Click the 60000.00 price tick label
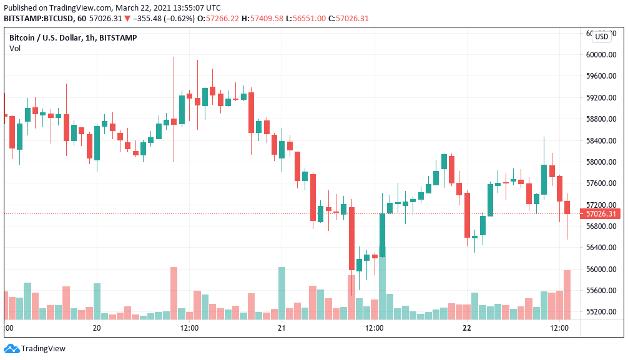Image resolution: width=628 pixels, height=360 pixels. pos(602,54)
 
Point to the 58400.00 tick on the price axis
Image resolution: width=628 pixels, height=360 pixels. pos(602,140)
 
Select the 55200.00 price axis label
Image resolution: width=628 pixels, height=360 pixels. pos(602,312)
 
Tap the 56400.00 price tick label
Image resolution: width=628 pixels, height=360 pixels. pos(602,248)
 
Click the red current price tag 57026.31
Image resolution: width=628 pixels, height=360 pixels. pos(602,214)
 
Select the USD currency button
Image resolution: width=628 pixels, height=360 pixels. pos(602,37)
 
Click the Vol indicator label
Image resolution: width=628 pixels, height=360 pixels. pos(15,49)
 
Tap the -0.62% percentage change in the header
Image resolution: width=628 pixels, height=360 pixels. pos(170,19)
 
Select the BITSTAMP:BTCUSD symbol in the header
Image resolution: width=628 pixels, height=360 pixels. pos(39,19)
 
